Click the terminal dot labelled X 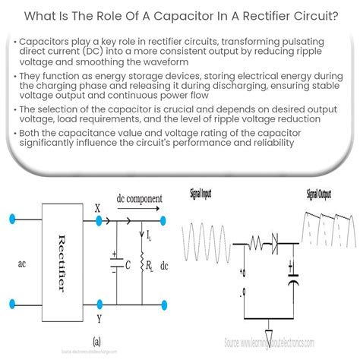click(99, 221)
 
